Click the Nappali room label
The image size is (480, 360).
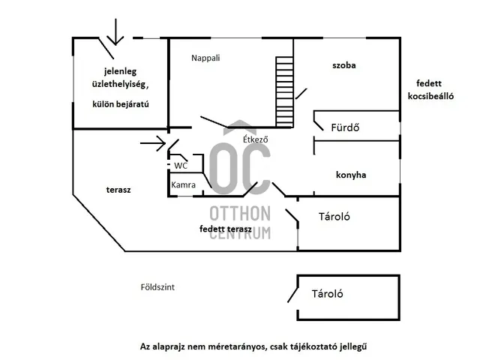tap(205, 58)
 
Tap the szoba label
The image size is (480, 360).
tap(344, 65)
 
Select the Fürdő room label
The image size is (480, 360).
tap(345, 127)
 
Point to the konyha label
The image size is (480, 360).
tap(351, 175)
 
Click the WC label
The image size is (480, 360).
tap(181, 166)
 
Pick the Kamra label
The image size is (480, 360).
tap(183, 184)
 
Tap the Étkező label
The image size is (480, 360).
tap(255, 139)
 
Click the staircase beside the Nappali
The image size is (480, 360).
tap(284, 91)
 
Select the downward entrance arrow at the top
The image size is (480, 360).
tap(115, 31)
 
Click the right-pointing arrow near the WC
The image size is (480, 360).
tap(153, 143)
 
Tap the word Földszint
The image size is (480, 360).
tap(157, 287)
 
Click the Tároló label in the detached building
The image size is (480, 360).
tap(327, 294)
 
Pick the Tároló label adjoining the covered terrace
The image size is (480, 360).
tap(334, 217)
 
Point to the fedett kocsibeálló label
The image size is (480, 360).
tap(430, 90)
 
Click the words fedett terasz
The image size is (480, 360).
tap(226, 229)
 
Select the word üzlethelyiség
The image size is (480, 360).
tap(119, 84)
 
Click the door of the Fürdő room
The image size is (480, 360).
tap(319, 125)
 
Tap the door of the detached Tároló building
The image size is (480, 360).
tap(292, 295)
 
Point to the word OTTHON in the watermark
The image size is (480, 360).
tap(240, 213)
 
